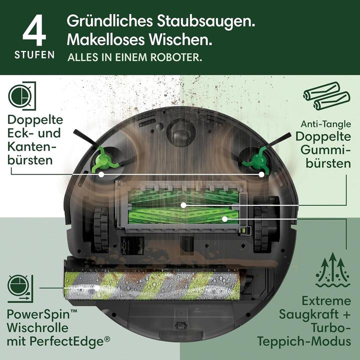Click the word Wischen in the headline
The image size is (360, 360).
pos(177,38)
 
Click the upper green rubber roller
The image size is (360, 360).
pos(182,204)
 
